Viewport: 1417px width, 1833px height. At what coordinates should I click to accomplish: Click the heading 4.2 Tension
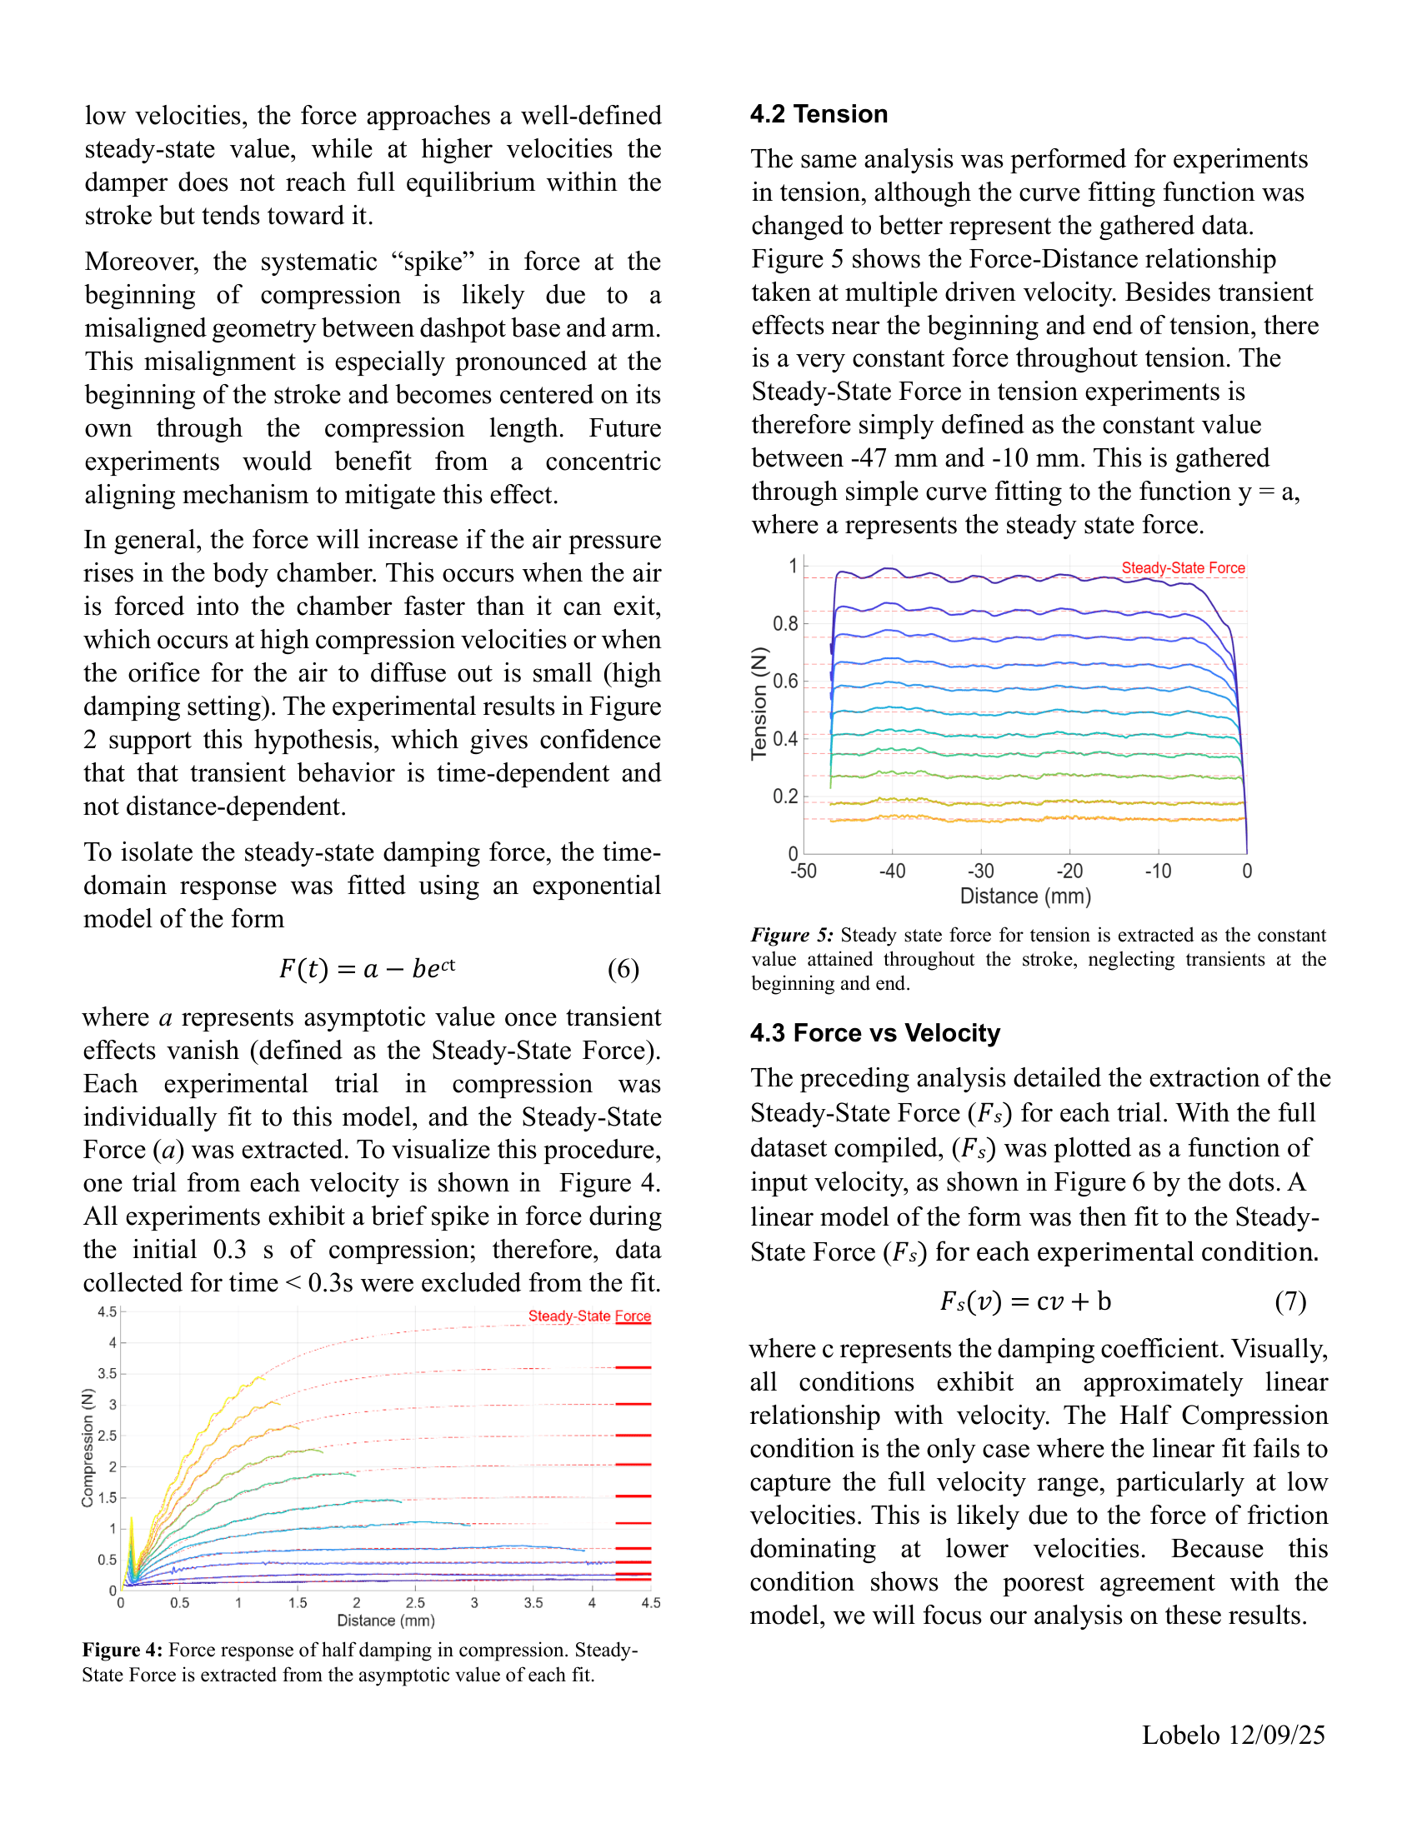coord(819,114)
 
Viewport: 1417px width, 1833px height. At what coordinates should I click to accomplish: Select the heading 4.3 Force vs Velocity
coord(874,1032)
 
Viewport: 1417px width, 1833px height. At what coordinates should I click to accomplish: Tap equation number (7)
coord(1290,1301)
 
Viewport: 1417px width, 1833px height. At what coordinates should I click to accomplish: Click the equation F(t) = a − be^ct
coord(367,968)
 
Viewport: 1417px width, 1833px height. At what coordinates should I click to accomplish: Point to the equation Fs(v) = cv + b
coord(1025,1301)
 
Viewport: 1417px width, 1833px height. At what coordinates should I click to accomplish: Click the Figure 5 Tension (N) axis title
coord(759,703)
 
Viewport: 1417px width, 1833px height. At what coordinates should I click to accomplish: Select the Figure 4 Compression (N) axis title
coord(88,1448)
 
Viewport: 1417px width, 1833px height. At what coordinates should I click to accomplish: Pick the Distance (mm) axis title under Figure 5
coord(1025,897)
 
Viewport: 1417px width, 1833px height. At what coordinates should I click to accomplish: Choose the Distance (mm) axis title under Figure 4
coord(385,1621)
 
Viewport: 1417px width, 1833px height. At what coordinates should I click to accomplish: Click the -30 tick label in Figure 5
coord(980,872)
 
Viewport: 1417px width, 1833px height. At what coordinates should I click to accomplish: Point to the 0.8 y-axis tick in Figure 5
coord(785,623)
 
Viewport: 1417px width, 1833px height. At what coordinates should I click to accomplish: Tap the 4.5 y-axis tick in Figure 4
coord(108,1311)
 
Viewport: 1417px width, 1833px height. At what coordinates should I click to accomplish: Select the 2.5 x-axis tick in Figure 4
coord(415,1603)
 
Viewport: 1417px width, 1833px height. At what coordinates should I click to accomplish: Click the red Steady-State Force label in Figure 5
coord(1183,568)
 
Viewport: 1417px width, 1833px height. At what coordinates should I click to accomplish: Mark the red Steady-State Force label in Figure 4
coord(588,1316)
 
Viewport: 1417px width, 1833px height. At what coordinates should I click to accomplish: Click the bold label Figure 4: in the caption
coord(122,1650)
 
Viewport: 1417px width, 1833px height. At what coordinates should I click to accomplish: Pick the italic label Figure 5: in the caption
coord(792,935)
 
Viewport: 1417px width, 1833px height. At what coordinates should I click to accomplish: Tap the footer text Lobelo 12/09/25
coord(1232,1735)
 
